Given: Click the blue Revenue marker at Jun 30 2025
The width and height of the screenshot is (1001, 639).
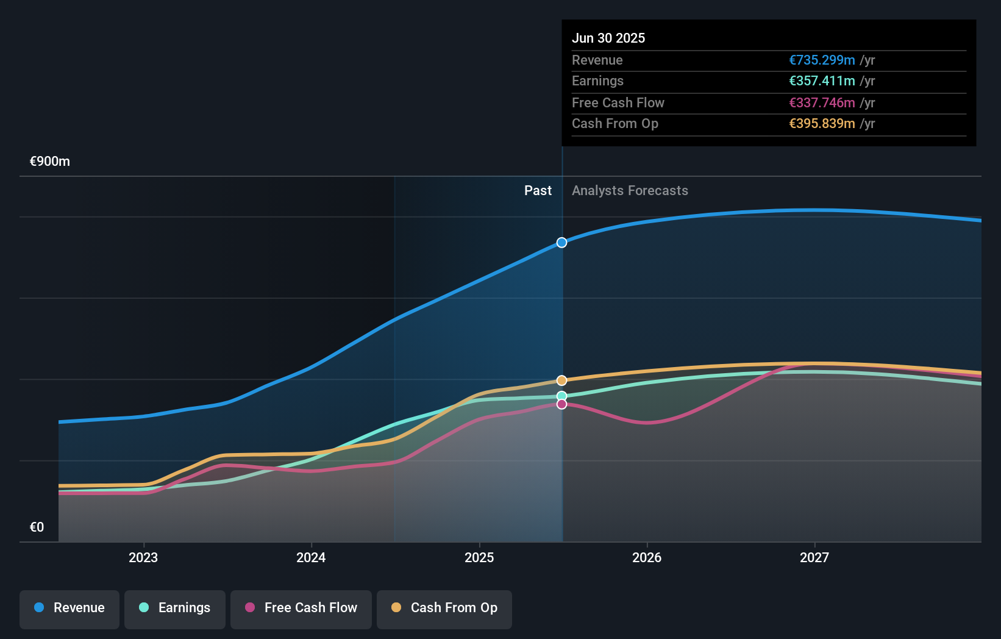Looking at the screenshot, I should (561, 243).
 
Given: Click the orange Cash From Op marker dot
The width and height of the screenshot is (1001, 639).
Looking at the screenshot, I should (561, 380).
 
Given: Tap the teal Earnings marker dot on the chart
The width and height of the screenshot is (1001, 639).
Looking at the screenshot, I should (561, 396).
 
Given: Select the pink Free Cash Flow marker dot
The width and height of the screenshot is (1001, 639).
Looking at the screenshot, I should (561, 404).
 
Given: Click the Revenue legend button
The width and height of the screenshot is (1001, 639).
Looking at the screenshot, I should (69, 608).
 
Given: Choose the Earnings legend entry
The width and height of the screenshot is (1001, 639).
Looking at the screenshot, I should (175, 608).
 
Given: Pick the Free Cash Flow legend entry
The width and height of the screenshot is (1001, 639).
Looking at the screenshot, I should (301, 608).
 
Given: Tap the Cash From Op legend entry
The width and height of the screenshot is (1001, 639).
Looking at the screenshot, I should (444, 608).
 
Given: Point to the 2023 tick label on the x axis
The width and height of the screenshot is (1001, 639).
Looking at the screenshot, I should (143, 557).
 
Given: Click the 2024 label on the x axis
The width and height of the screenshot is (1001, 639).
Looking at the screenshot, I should (311, 557).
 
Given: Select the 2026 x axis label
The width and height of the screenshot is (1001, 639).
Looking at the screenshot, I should (647, 557).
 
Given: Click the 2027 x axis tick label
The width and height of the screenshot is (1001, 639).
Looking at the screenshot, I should (814, 557).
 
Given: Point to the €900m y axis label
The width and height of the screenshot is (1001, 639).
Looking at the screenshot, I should (50, 162).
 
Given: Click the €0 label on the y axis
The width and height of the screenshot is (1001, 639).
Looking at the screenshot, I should (37, 527).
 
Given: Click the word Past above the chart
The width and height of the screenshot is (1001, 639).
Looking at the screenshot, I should (538, 191).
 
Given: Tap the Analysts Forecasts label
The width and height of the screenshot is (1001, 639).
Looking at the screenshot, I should (630, 191).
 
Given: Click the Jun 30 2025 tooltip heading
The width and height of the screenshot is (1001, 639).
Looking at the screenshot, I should (608, 38).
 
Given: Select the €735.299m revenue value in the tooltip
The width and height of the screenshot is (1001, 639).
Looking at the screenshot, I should (822, 60).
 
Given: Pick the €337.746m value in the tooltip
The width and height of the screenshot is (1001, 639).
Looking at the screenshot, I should (822, 103).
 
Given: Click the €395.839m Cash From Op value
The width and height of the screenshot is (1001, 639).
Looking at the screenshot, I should (822, 124).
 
